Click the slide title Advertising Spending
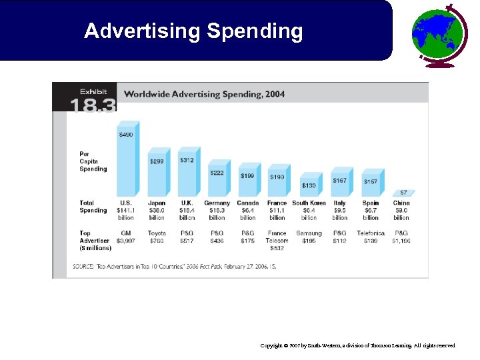[x=193, y=31]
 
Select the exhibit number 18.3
[x=94, y=105]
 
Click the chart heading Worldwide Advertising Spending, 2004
[x=205, y=94]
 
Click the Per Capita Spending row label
[x=93, y=161]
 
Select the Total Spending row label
[x=93, y=207]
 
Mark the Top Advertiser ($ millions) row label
[x=95, y=241]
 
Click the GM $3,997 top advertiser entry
[x=125, y=237]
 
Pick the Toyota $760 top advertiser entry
[x=157, y=237]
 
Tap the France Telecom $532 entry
[x=277, y=241]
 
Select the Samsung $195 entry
[x=309, y=237]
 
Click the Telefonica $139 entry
[x=371, y=237]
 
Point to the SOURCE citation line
[x=174, y=266]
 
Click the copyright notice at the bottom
[x=358, y=346]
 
